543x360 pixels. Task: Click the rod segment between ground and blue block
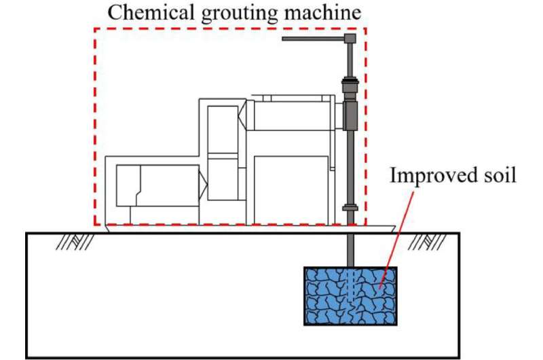point(350,249)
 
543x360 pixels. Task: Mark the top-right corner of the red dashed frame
point(366,29)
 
